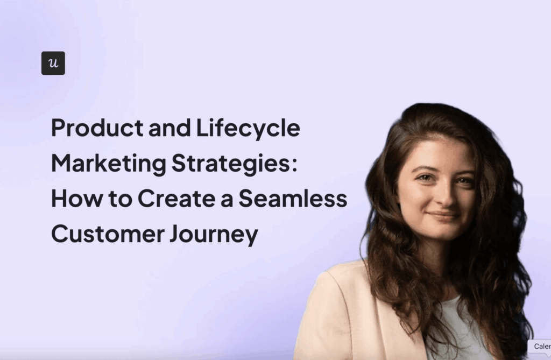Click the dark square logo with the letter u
point(53,63)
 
